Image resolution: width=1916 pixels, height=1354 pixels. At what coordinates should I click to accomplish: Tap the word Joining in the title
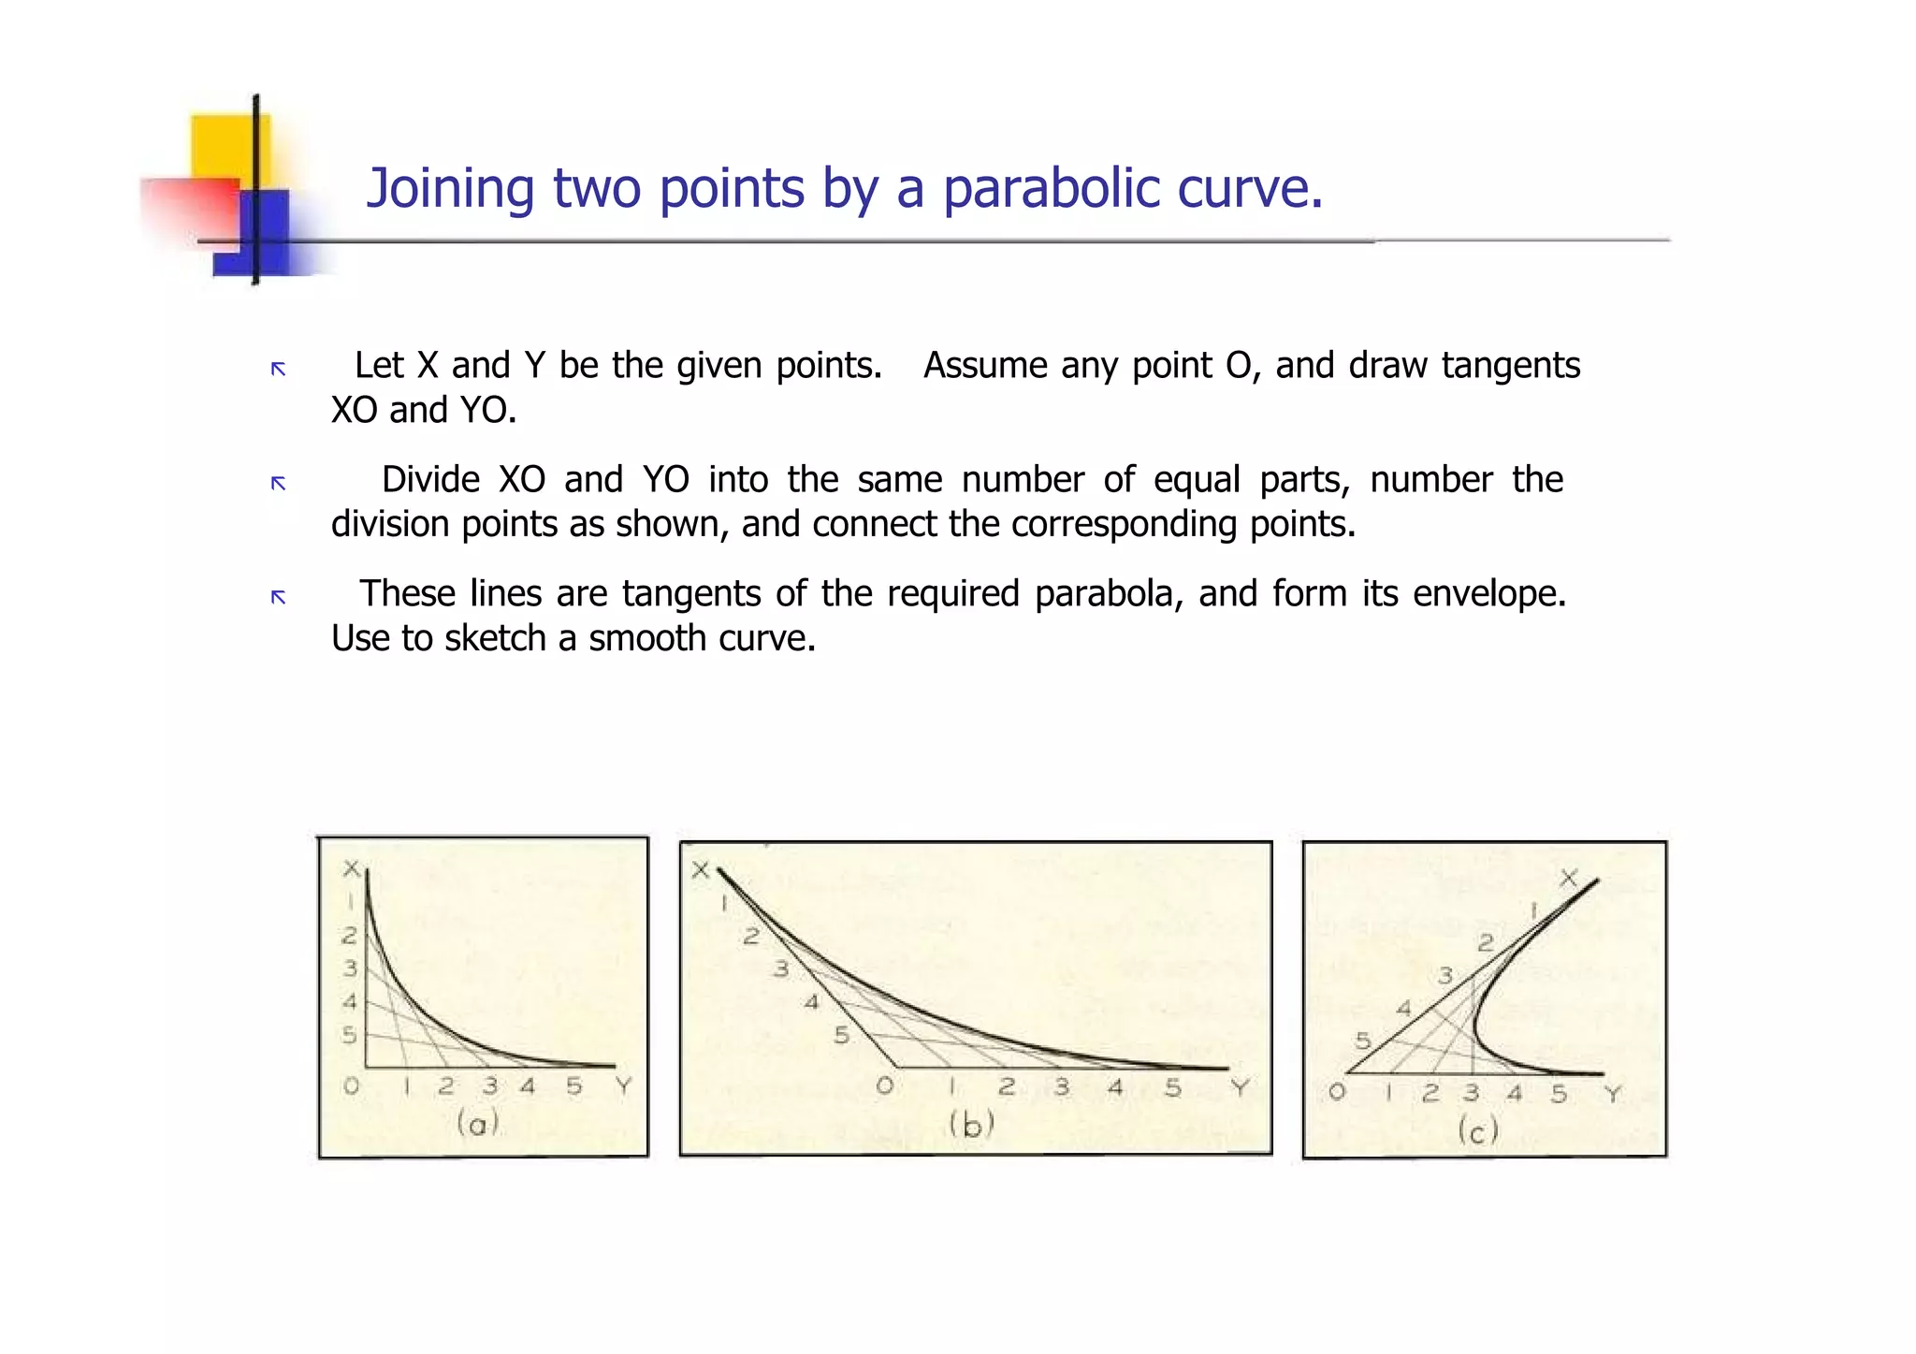click(x=450, y=189)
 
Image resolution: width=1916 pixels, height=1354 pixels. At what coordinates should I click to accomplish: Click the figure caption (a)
click(x=477, y=1122)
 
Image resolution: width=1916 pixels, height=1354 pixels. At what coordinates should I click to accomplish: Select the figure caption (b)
click(x=971, y=1124)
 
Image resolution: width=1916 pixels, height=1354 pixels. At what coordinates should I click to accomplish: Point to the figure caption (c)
click(x=1478, y=1131)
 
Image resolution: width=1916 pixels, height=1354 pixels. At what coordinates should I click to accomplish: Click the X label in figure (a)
click(x=351, y=869)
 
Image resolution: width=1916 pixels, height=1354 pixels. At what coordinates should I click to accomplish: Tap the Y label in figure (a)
click(x=624, y=1086)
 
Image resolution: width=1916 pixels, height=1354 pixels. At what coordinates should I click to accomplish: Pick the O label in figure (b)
click(x=884, y=1086)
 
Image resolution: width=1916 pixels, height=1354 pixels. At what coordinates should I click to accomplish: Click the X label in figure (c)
click(x=1569, y=878)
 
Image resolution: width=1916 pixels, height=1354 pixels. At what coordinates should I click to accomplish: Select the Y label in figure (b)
click(x=1241, y=1087)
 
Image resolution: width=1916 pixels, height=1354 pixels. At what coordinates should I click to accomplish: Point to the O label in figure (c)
click(x=1337, y=1092)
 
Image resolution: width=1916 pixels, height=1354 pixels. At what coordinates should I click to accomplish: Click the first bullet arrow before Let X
click(x=278, y=369)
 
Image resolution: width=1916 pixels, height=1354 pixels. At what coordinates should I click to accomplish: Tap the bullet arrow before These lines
click(x=278, y=597)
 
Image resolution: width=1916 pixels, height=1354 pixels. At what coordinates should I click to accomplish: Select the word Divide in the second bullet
click(x=430, y=480)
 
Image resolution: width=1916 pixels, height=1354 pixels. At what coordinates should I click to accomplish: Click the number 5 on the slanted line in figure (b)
click(x=841, y=1036)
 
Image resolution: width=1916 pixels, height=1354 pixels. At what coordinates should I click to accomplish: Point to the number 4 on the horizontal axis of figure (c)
click(x=1515, y=1093)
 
